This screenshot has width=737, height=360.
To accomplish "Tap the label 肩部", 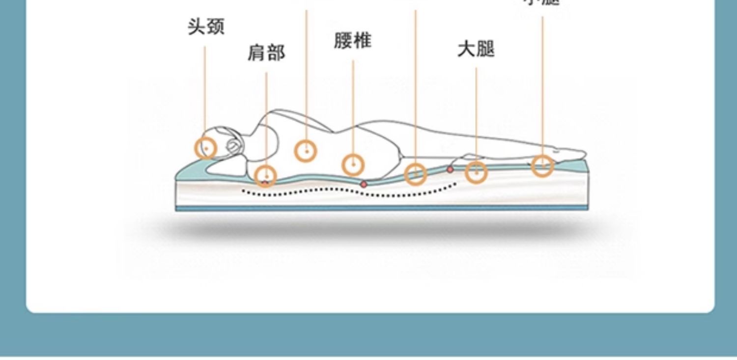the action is (x=266, y=53).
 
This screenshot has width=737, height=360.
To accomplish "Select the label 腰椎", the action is (x=352, y=41).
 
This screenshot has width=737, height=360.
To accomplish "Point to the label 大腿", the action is (x=476, y=49).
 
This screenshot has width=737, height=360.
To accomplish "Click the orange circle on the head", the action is (x=206, y=148).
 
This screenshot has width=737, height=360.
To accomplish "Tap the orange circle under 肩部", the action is (x=266, y=175).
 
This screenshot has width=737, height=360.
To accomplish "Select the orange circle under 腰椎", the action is (x=353, y=165).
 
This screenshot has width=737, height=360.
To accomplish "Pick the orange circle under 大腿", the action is (x=476, y=172).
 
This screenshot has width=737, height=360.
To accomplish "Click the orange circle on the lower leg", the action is (x=542, y=165).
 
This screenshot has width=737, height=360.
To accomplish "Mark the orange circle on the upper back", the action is (x=306, y=150).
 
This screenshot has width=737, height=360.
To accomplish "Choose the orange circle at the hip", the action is (x=416, y=174).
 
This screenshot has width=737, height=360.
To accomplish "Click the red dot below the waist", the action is (x=364, y=184).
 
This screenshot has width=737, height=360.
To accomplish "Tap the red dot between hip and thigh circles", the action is (x=450, y=169).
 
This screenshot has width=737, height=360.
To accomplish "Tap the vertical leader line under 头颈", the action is (x=205, y=88).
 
